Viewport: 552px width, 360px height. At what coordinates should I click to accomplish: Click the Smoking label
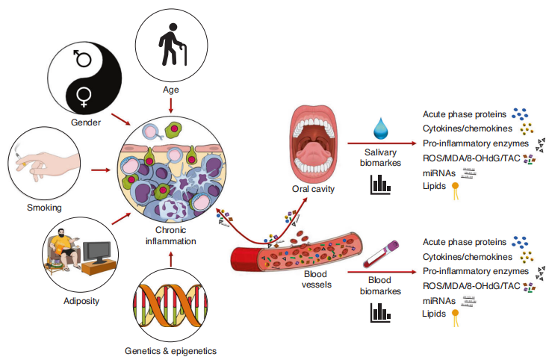coord(45,207)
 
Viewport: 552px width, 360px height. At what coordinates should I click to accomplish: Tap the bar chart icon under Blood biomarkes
coord(380,312)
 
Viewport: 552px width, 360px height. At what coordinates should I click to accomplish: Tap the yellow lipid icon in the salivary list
coord(454,190)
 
